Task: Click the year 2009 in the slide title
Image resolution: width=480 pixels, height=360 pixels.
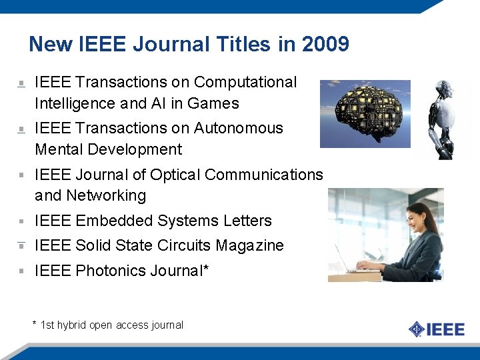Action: click(325, 45)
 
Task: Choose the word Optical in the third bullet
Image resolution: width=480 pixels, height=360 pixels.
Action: click(175, 175)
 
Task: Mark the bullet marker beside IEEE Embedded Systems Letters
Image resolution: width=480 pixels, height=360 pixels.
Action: click(21, 221)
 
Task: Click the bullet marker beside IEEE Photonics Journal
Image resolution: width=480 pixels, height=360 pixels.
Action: click(21, 271)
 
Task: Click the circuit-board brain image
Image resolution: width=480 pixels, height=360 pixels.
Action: click(365, 113)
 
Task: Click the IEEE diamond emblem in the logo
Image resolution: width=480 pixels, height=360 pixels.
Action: click(417, 329)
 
